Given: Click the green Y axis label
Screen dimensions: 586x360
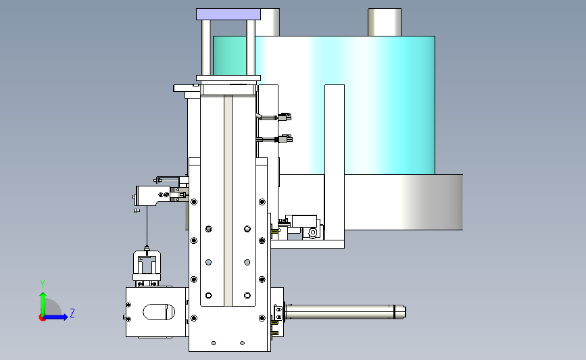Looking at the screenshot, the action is point(43,284).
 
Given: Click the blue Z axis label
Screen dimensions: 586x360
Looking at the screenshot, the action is point(72,313).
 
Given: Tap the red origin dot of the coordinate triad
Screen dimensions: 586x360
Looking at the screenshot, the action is point(42,318).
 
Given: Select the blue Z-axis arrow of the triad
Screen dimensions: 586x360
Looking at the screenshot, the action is point(56,317).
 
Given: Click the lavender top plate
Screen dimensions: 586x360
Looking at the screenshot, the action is point(228,14).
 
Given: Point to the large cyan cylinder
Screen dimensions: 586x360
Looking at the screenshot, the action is point(344,105).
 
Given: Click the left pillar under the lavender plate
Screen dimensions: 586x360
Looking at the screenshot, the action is point(206,48).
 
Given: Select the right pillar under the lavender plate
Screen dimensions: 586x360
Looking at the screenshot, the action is point(251,48).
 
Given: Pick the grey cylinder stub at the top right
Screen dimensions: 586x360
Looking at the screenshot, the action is point(385,22).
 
